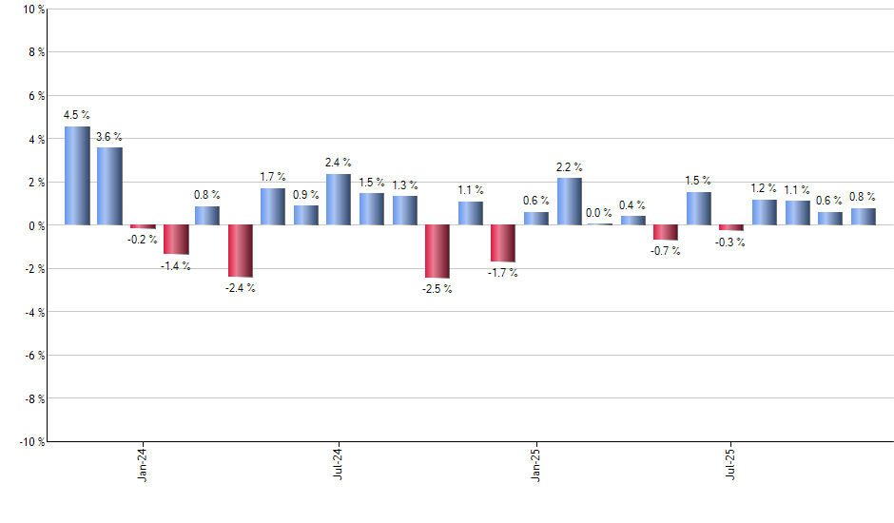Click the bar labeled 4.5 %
(x=77, y=176)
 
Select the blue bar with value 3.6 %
(x=109, y=186)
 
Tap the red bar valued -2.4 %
(x=240, y=251)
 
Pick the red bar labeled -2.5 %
(x=437, y=252)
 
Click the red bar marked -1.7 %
(x=502, y=243)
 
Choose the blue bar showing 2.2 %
(x=569, y=202)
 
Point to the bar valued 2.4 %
(x=339, y=200)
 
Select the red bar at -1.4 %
(x=175, y=240)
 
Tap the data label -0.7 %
(x=666, y=251)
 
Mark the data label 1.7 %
(x=273, y=177)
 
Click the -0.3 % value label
(x=731, y=242)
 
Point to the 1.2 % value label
(x=764, y=188)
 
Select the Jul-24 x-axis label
(x=339, y=463)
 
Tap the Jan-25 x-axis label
(x=535, y=463)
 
